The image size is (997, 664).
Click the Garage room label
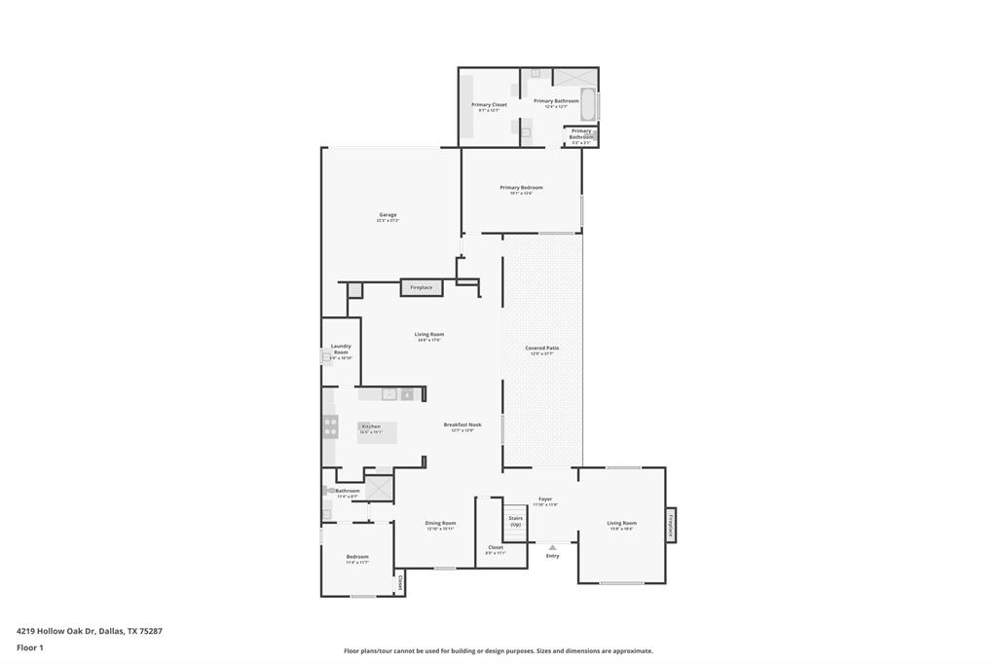[x=388, y=215]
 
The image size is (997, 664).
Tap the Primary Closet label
[x=489, y=105]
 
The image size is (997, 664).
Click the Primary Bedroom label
[x=521, y=188]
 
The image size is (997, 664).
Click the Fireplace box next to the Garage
[x=421, y=288]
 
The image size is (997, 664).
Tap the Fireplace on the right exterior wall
[x=670, y=526]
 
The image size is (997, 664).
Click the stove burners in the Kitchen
[x=330, y=425]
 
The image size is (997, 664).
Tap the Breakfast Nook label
[x=462, y=425]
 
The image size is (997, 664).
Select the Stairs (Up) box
[x=515, y=521]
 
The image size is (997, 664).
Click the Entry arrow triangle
[x=552, y=547]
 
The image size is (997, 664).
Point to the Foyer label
[x=545, y=499]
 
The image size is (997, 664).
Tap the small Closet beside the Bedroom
[x=399, y=583]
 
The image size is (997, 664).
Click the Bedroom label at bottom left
[x=357, y=558]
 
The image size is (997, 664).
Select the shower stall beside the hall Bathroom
[x=379, y=484]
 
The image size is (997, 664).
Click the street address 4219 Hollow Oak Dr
[x=89, y=631]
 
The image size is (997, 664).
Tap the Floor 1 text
[x=30, y=646]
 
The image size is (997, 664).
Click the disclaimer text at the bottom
[x=498, y=650]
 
